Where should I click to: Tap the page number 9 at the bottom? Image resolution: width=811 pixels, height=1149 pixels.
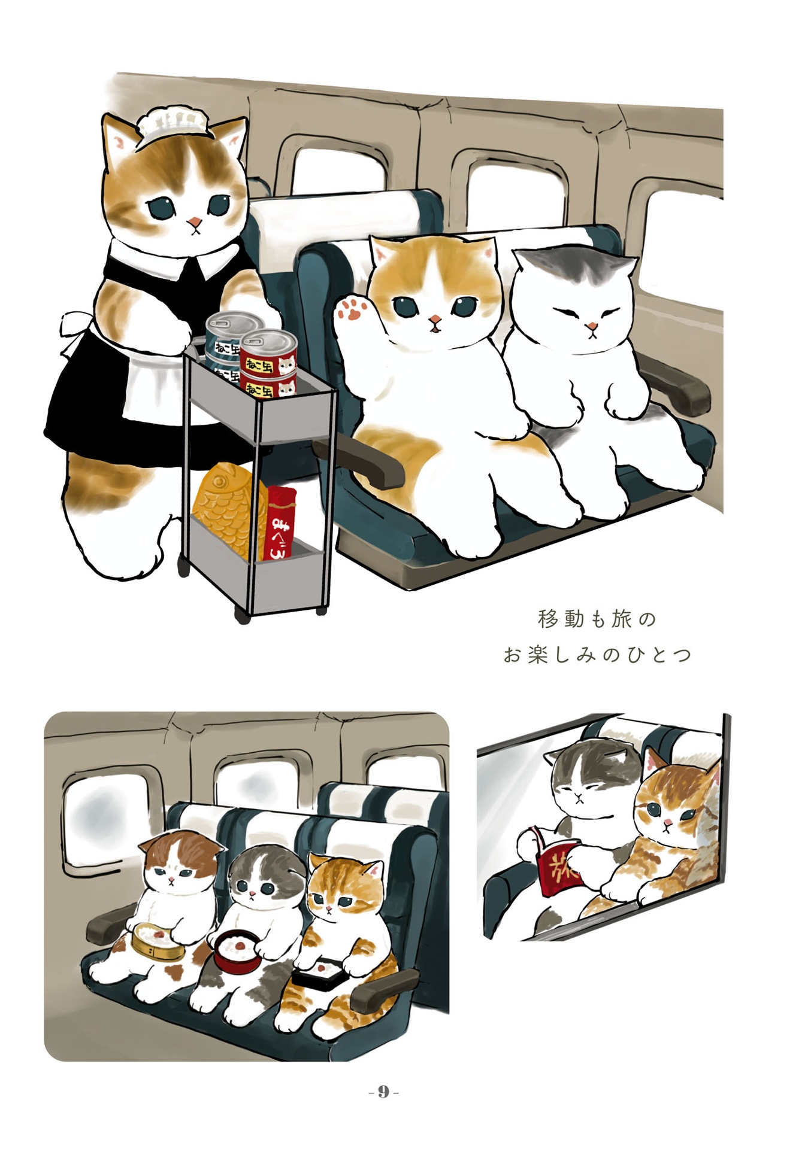(x=383, y=1092)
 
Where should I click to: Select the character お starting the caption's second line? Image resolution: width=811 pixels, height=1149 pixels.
(x=512, y=655)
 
